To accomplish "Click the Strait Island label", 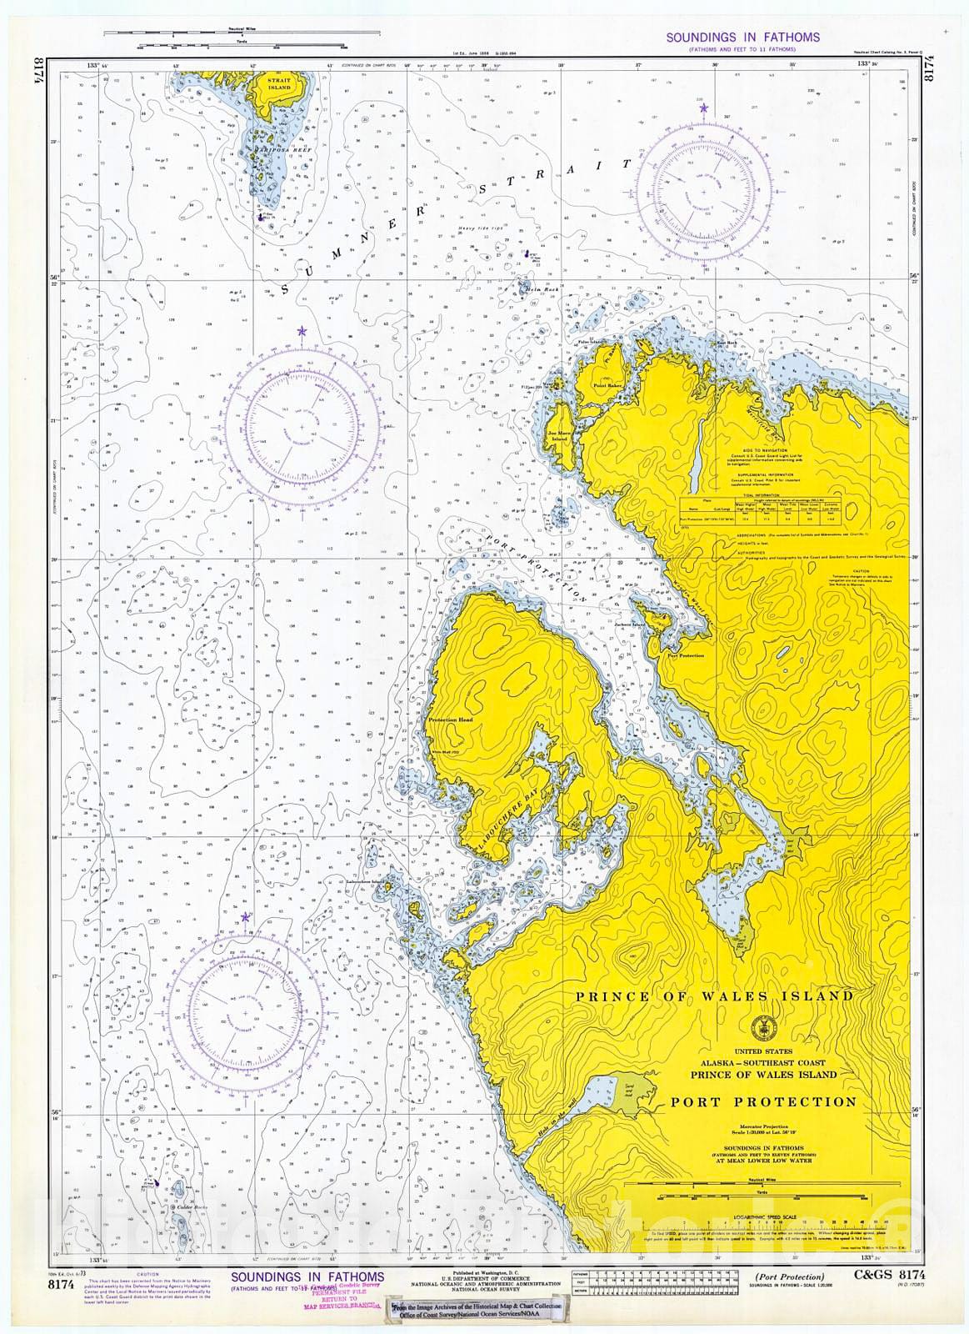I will [x=279, y=84].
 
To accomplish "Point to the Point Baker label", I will [x=607, y=386].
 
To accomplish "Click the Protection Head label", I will [x=450, y=720].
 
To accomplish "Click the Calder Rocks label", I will [x=185, y=1206].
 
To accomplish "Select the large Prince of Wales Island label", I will [x=714, y=995].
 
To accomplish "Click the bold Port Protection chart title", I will [x=763, y=1101].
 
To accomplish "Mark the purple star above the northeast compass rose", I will [x=703, y=108].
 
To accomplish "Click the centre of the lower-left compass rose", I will [x=246, y=1013].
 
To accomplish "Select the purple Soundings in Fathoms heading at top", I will [x=742, y=38].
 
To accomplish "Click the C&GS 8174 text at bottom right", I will [x=889, y=1275].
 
